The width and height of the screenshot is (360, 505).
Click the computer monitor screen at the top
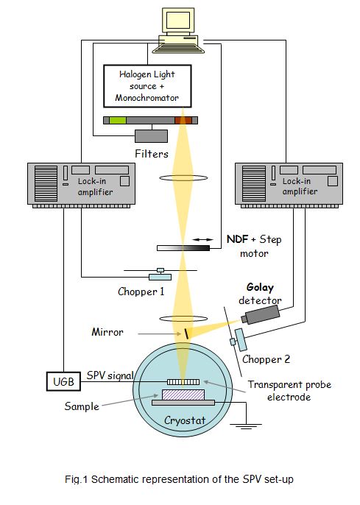click(178, 20)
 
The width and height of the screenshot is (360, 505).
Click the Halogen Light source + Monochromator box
click(147, 86)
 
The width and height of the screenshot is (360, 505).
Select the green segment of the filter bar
click(118, 120)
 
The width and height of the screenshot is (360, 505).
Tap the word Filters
click(152, 154)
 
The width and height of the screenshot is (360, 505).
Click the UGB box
click(63, 381)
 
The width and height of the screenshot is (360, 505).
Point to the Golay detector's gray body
click(262, 314)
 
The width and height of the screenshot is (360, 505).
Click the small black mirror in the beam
click(186, 333)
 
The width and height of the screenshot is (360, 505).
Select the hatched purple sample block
click(183, 395)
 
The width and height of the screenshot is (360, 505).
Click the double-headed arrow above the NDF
click(203, 240)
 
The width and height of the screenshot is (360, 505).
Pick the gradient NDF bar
click(183, 248)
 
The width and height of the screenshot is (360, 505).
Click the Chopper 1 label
click(141, 292)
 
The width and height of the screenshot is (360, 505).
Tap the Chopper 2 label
click(266, 359)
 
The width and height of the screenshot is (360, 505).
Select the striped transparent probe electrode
click(183, 382)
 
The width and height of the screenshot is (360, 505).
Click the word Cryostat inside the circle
click(185, 420)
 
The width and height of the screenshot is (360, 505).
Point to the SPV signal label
click(110, 375)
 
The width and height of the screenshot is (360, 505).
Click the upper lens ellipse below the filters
click(183, 177)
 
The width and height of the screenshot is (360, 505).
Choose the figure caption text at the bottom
click(179, 479)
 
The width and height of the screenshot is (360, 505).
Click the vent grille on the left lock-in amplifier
click(46, 183)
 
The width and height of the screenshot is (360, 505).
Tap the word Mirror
click(107, 332)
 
